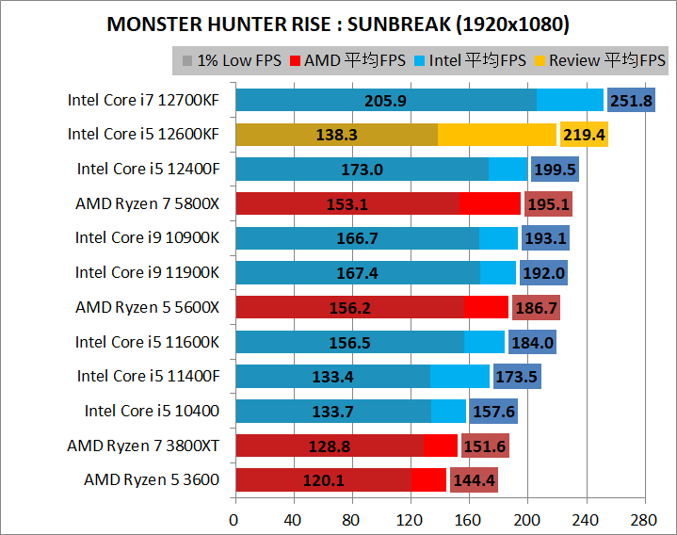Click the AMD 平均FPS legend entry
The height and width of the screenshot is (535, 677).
[x=347, y=61]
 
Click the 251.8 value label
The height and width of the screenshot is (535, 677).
[x=631, y=100]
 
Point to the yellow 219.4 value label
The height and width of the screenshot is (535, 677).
[x=584, y=135]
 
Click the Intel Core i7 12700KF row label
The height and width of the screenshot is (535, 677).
[x=143, y=99]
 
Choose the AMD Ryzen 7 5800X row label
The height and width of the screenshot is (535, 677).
[x=147, y=203]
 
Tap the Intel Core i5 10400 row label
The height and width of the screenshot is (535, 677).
[x=152, y=410]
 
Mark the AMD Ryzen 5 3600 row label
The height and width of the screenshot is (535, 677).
[x=152, y=479]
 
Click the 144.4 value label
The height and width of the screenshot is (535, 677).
[x=474, y=480]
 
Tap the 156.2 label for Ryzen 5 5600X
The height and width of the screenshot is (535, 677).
[x=350, y=307]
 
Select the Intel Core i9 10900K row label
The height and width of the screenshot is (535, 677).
[x=147, y=237]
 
